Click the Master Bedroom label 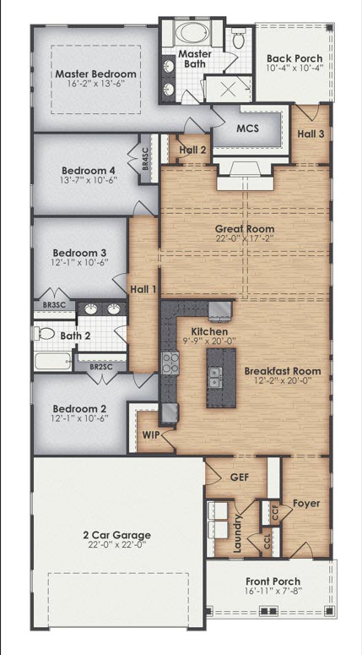pyautogui.click(x=95, y=74)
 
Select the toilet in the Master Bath pyautogui.click(x=238, y=39)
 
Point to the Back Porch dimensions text pyautogui.click(x=294, y=70)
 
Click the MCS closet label pyautogui.click(x=246, y=128)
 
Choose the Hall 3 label pyautogui.click(x=310, y=134)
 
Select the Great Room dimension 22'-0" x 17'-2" pyautogui.click(x=244, y=240)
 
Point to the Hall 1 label pyautogui.click(x=143, y=290)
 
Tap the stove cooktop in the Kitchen pyautogui.click(x=170, y=363)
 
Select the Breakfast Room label pyautogui.click(x=282, y=371)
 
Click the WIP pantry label pyautogui.click(x=150, y=434)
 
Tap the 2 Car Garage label pyautogui.click(x=117, y=535)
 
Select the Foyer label pyautogui.click(x=306, y=503)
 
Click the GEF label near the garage pyautogui.click(x=240, y=477)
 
